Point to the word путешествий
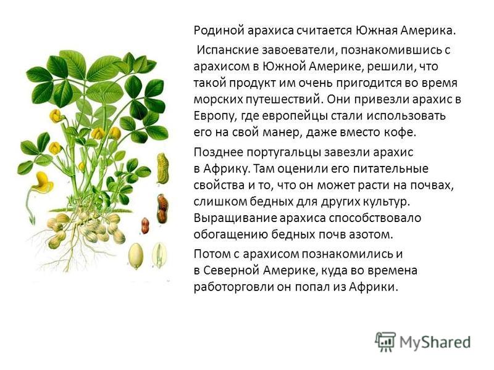(283, 99)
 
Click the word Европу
(215, 116)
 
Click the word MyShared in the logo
(435, 342)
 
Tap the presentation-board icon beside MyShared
(385, 342)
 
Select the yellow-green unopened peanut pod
(162, 168)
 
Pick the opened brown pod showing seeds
(162, 208)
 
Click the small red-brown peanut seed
(145, 225)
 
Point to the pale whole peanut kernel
(136, 256)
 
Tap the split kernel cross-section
(159, 255)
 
